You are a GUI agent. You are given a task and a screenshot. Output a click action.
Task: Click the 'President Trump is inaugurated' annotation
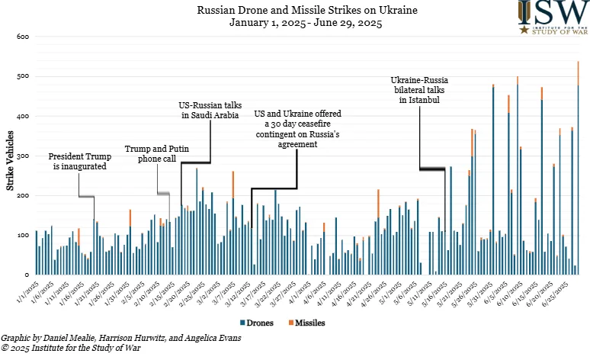point(79,162)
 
